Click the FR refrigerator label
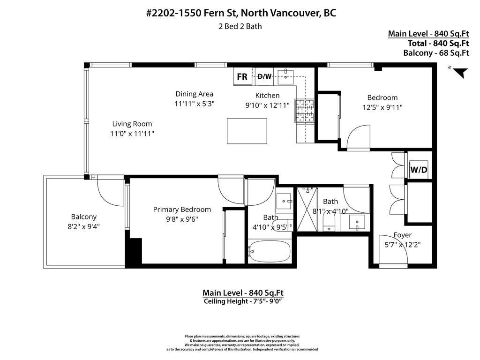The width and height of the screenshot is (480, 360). click(242, 77)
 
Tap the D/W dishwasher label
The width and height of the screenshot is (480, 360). click(264, 76)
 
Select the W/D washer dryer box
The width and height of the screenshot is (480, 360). click(419, 169)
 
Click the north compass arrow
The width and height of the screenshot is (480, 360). click(460, 72)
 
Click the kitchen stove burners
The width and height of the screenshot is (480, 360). click(304, 112)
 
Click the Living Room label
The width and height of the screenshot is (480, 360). click(132, 124)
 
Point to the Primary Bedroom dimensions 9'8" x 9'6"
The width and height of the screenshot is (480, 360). click(182, 219)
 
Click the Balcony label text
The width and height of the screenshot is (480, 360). click(84, 217)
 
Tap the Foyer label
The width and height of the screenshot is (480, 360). click(402, 235)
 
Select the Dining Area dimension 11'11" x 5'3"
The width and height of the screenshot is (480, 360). click(194, 104)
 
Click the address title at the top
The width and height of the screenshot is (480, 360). click(241, 13)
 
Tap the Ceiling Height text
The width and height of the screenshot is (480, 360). click(243, 301)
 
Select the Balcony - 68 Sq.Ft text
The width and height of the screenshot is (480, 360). click(436, 52)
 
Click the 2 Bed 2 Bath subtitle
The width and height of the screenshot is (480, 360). click(240, 26)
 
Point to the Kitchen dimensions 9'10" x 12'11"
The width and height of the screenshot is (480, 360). click(267, 105)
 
